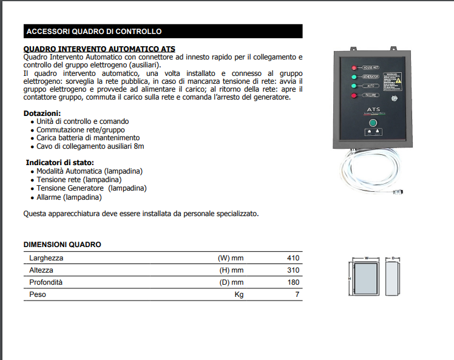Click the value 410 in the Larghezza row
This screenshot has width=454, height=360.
pyautogui.click(x=293, y=258)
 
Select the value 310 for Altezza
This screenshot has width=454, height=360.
pyautogui.click(x=293, y=270)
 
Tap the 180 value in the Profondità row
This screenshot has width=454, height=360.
pyautogui.click(x=293, y=282)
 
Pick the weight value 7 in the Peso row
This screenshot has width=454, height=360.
pyautogui.click(x=297, y=294)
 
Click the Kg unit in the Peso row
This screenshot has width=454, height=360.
pyautogui.click(x=239, y=294)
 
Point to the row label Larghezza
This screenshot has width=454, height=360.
pyautogui.click(x=46, y=258)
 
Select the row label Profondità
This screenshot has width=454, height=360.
pyautogui.click(x=46, y=282)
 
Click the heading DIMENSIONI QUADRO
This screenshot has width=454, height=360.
pyautogui.click(x=62, y=245)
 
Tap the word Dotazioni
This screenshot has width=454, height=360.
pyautogui.click(x=42, y=114)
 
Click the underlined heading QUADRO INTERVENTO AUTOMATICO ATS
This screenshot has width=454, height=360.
pyautogui.click(x=99, y=49)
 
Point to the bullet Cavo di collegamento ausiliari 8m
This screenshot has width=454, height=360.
pyautogui.click(x=90, y=146)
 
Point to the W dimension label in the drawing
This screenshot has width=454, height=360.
pyautogui.click(x=367, y=257)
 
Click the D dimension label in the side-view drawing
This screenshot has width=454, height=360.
pyautogui.click(x=393, y=257)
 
